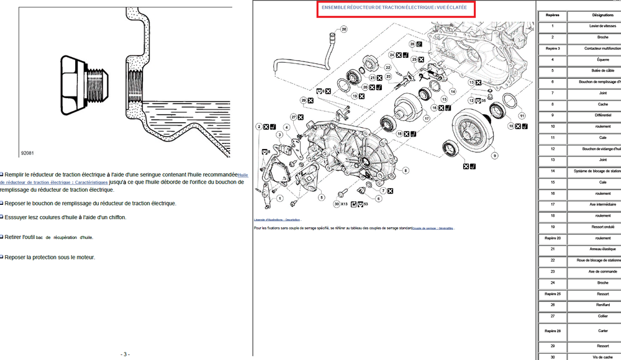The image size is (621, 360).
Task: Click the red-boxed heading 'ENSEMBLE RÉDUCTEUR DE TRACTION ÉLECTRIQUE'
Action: (x=395, y=8)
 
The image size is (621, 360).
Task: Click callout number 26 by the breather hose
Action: (x=344, y=29)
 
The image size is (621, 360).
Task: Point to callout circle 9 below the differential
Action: (x=494, y=153)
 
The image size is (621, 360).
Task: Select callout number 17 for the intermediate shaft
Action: (x=427, y=117)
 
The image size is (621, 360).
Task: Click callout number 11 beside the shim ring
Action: (x=522, y=115)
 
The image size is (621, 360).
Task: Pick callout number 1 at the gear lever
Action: (x=279, y=199)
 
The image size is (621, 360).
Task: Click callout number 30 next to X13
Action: (x=336, y=204)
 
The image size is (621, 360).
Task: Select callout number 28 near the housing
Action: (x=412, y=44)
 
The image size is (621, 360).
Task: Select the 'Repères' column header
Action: (x=552, y=14)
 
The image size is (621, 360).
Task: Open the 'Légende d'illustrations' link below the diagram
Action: (x=276, y=220)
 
